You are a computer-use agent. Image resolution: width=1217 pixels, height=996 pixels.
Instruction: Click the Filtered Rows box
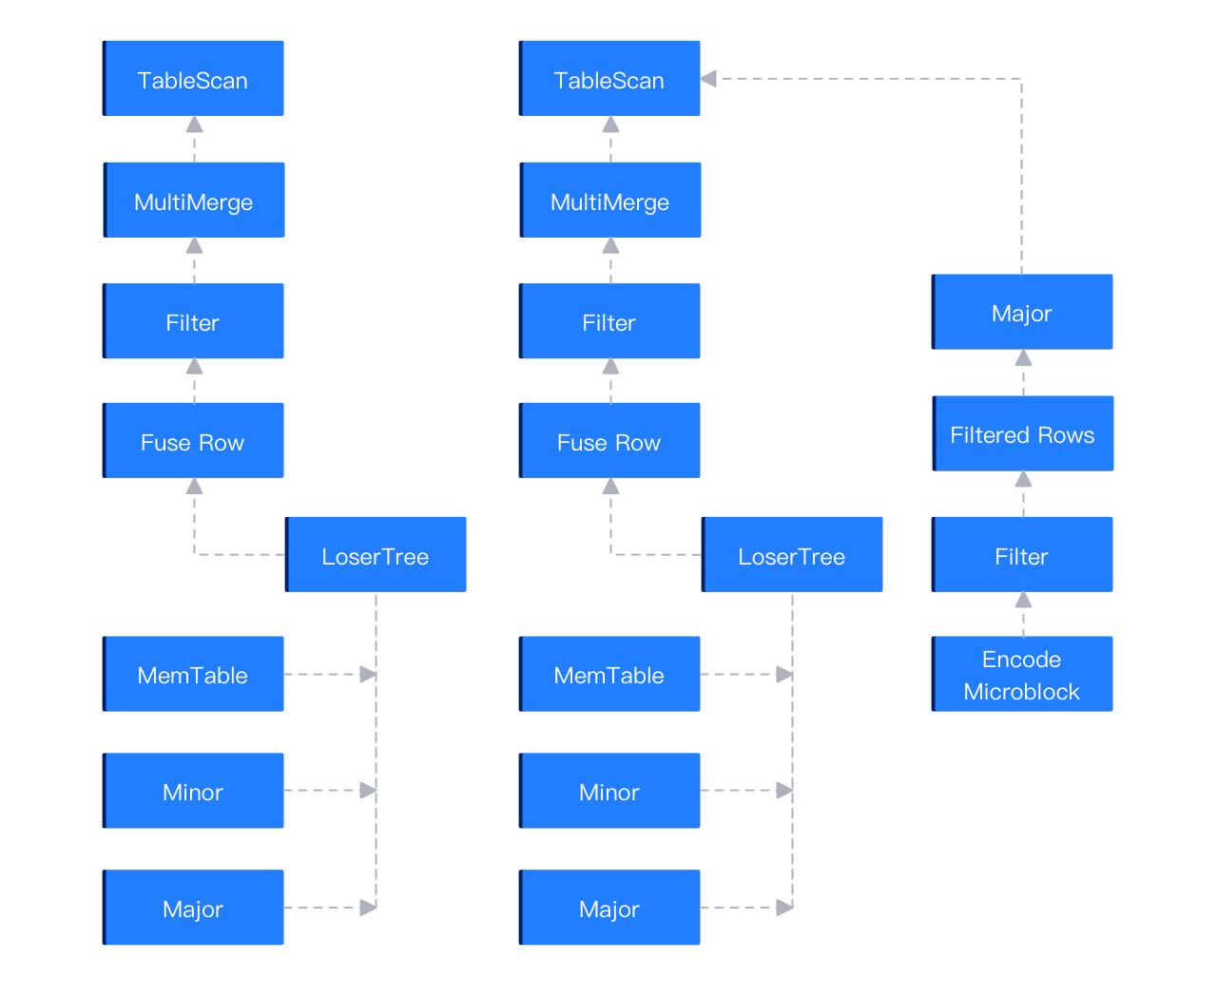point(1023,434)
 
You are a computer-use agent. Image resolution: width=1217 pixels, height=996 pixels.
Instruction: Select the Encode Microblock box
point(1022,675)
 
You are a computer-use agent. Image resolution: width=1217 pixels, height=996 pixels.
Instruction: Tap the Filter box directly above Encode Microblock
point(1022,555)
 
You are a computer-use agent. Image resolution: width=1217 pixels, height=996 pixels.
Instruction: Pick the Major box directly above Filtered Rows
point(1022,313)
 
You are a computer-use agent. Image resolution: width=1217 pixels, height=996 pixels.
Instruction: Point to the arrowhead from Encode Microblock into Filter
point(1023,600)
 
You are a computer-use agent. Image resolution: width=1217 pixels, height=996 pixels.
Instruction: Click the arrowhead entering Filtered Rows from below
point(1023,479)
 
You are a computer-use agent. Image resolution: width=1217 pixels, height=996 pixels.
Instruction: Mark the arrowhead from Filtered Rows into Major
point(1023,358)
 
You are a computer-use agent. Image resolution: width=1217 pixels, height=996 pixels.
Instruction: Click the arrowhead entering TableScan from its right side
point(708,79)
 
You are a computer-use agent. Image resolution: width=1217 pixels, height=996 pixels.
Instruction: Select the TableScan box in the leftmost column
point(193,79)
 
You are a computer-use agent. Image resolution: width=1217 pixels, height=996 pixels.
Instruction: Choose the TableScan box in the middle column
point(609,79)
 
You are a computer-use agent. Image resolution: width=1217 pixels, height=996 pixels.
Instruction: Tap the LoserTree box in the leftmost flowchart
point(376,555)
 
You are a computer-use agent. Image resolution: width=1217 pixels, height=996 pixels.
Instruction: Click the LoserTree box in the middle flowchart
point(792,555)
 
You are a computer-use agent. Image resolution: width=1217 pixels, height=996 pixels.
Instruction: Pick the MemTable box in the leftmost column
point(193,675)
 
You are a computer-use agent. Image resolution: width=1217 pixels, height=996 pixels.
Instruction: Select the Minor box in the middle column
point(609,791)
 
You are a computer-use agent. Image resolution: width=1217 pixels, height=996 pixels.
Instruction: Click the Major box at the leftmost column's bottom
point(193,908)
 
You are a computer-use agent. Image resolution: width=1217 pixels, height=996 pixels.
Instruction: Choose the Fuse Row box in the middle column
point(609,441)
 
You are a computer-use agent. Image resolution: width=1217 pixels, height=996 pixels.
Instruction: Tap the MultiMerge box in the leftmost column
point(194,201)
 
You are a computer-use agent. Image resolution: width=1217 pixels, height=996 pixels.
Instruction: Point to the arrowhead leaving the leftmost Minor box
point(368,791)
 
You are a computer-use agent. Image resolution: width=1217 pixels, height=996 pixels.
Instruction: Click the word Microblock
point(1022,692)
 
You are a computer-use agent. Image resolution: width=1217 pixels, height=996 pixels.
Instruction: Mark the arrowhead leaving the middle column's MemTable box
point(784,675)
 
